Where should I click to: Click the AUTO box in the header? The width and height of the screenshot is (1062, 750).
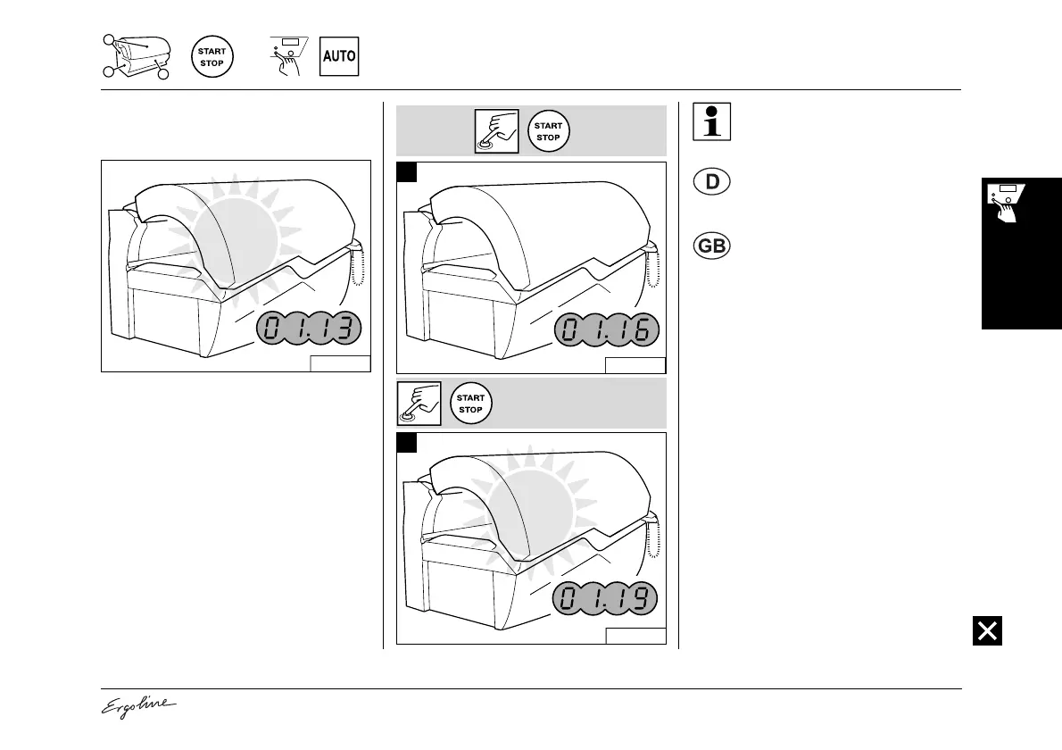339,56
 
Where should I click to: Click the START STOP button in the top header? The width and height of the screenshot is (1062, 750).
212,57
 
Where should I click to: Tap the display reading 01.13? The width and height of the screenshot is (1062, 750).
311,329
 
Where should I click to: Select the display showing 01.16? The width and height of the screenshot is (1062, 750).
608,331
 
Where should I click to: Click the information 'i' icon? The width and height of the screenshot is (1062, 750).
711,122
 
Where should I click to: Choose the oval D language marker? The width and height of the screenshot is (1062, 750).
711,183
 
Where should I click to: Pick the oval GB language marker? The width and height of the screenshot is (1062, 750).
711,246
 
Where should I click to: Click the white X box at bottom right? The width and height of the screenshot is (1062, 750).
988,630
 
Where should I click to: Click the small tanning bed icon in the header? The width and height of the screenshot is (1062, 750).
137,56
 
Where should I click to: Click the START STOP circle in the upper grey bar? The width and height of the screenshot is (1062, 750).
548,131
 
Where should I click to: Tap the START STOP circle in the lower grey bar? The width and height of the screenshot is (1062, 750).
470,404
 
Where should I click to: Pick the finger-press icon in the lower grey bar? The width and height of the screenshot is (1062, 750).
419,404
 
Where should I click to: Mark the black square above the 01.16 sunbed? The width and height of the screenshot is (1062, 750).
407,172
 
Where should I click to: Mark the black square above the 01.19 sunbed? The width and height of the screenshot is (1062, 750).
407,443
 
